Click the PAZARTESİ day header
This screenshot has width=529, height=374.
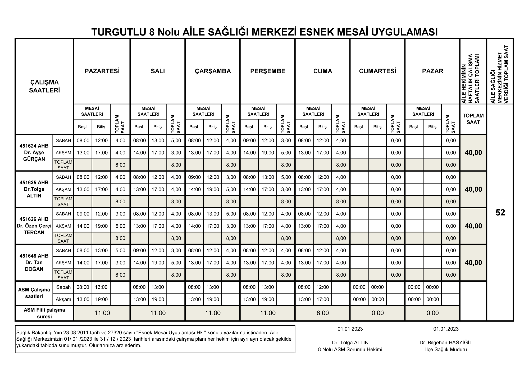coord(102,71)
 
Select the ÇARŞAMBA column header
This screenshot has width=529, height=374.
coord(213,71)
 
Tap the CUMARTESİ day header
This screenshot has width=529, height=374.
coord(377,71)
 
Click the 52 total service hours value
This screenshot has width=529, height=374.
coord(500,213)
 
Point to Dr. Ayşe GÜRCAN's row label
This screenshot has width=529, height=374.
coord(34,152)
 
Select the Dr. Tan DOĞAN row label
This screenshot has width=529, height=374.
coord(34,263)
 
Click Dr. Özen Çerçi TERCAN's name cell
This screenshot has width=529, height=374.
coord(34,226)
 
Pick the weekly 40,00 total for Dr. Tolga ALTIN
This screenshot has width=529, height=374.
coord(473,189)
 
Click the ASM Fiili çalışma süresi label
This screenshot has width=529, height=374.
coord(44,313)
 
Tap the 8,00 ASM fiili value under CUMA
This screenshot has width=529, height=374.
coord(322,313)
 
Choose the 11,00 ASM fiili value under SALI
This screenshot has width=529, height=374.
coord(158,313)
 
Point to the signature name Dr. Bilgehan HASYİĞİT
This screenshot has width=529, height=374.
coord(446,343)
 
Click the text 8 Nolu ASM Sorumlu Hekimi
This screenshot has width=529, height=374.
coord(350,349)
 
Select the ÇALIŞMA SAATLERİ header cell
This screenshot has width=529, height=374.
coord(44,86)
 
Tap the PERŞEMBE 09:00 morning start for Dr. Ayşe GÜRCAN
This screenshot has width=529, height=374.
coord(249,141)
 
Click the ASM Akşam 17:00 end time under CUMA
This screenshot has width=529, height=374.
coord(322,299)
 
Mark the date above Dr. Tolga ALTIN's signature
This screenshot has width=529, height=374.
coord(350,329)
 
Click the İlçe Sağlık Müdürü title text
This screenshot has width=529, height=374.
coord(446,349)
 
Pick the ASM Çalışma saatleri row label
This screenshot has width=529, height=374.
coord(34,293)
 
